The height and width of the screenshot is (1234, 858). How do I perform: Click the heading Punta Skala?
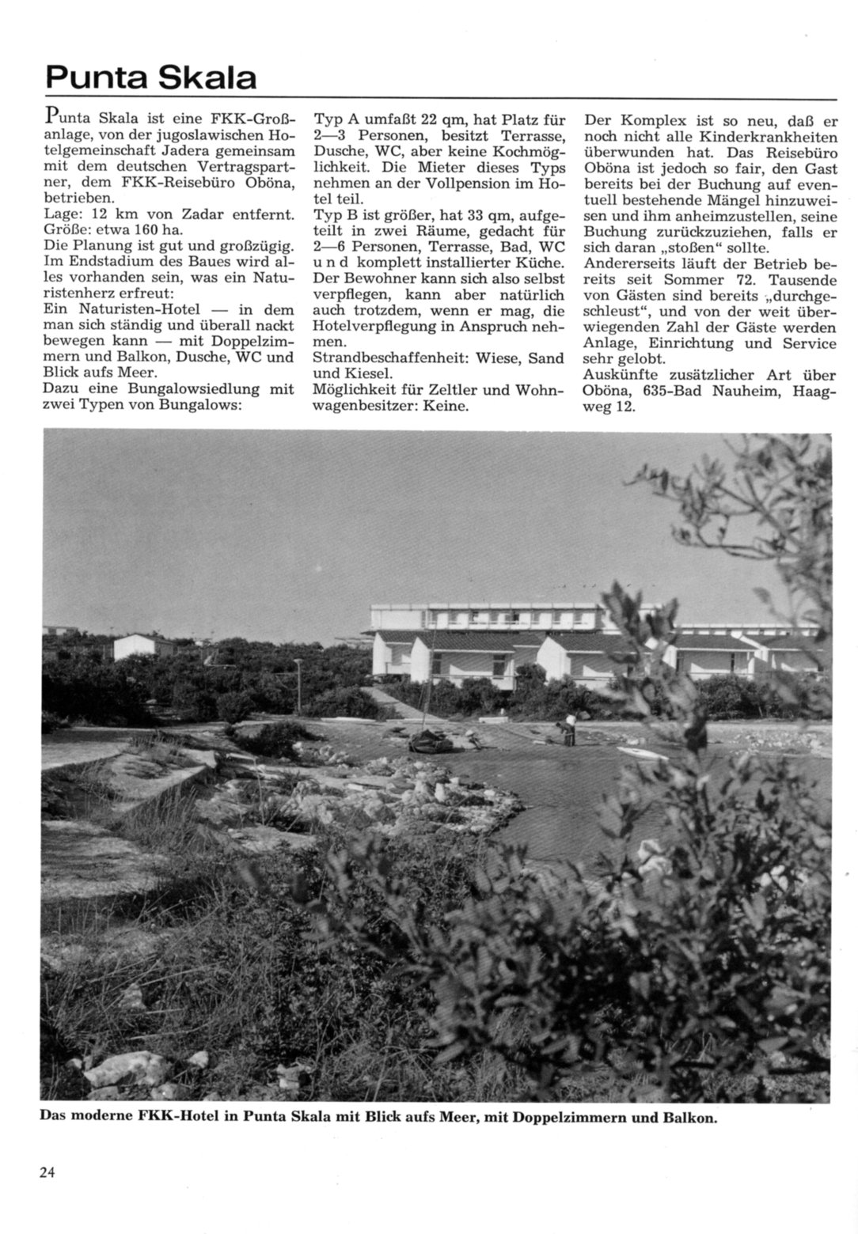150,78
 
